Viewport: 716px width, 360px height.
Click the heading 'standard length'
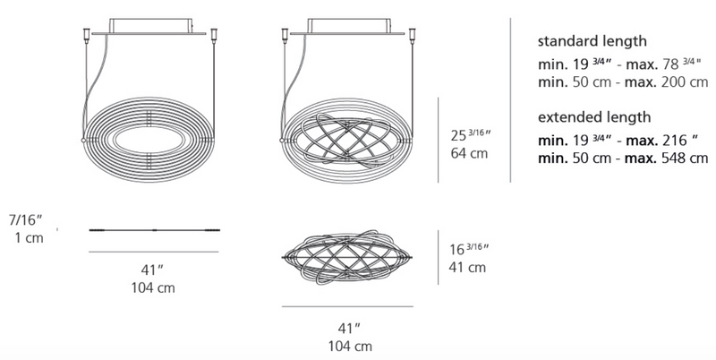tap(592, 41)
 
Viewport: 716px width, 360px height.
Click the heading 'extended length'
tap(594, 117)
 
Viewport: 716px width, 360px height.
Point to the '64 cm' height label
tap(469, 153)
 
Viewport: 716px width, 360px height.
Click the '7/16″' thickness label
tap(26, 219)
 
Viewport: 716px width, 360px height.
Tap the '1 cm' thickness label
tap(29, 238)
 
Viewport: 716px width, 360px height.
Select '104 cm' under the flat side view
tap(153, 288)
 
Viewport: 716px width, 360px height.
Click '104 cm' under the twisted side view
tap(350, 347)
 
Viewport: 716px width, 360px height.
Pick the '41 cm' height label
tap(467, 267)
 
